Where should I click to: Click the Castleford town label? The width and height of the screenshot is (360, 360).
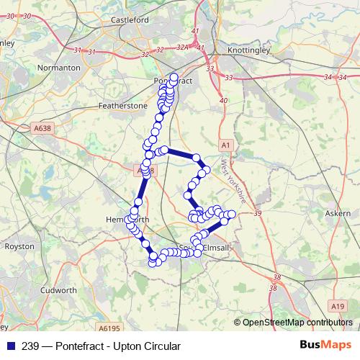click(x=130, y=20)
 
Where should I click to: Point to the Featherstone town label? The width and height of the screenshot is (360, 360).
click(x=122, y=105)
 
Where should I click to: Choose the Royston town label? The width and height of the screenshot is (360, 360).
click(x=19, y=246)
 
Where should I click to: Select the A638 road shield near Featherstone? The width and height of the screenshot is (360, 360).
click(x=44, y=127)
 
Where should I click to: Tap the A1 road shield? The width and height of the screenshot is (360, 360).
click(x=226, y=145)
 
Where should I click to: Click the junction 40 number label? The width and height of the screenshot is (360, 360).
click(x=224, y=100)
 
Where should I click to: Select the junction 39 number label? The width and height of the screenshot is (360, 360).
click(x=258, y=213)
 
